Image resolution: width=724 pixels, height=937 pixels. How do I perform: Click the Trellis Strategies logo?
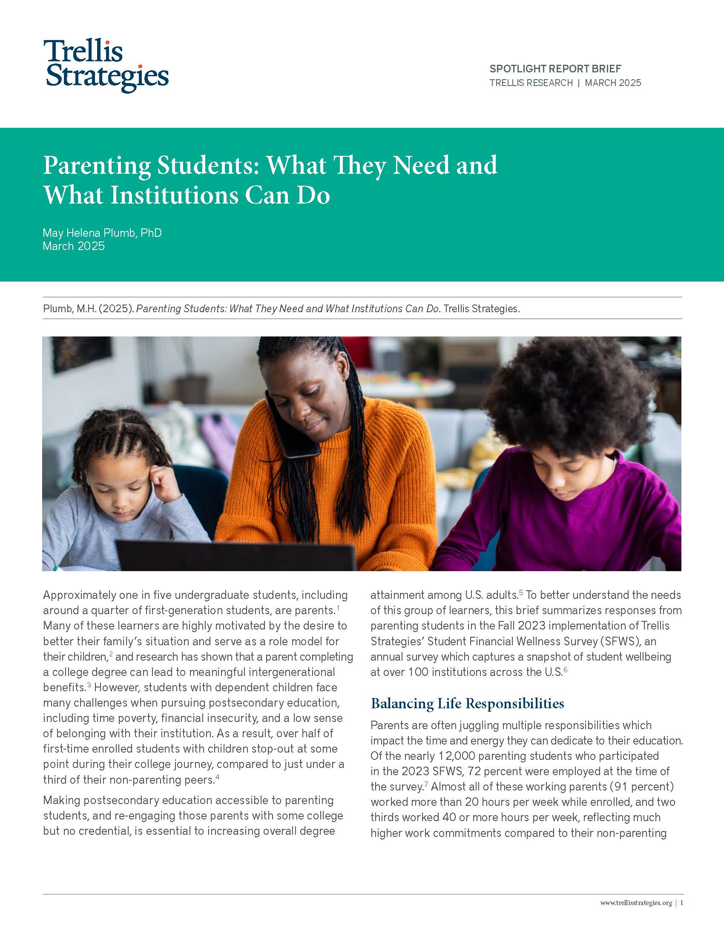coord(107,66)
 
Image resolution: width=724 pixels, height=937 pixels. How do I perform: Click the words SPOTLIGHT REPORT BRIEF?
coord(555,69)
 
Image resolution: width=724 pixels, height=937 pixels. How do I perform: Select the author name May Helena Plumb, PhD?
coord(102,233)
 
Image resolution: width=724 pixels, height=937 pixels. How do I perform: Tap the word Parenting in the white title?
coord(97,165)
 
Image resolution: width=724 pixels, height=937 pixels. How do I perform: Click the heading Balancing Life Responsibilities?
coord(467,704)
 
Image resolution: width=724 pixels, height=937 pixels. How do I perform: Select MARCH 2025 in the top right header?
coord(613,83)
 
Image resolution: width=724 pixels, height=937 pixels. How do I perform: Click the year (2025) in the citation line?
coord(116,308)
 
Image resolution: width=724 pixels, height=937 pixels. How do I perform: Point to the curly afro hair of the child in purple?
coord(570,399)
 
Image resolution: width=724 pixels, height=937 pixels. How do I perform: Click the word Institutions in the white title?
coord(174,195)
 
